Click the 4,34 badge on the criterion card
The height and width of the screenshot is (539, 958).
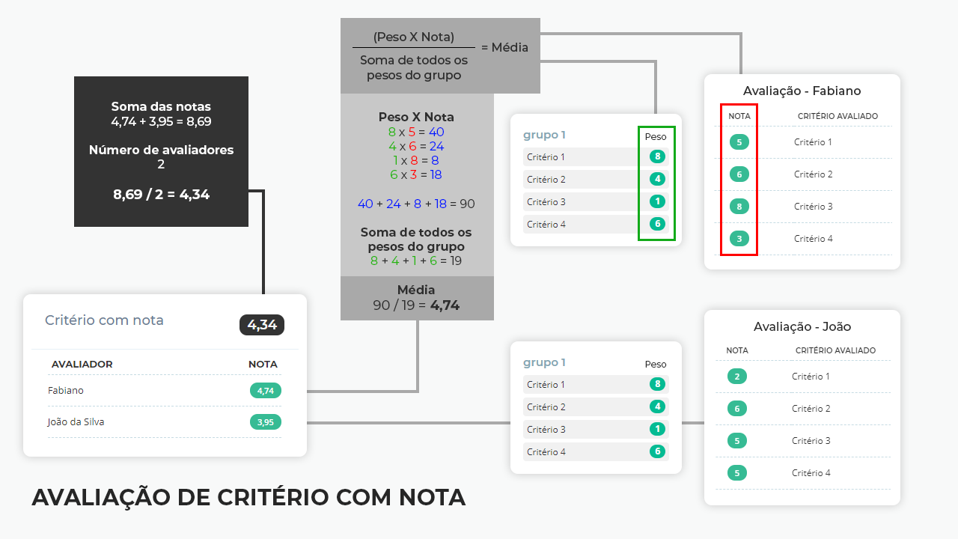click(x=262, y=325)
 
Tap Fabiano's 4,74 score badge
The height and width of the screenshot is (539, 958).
click(x=266, y=390)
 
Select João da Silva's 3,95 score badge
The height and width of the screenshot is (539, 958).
click(x=266, y=421)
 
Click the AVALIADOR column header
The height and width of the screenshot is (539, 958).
click(x=82, y=365)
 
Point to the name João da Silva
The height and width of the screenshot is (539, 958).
click(x=76, y=421)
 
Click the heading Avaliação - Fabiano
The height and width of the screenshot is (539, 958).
click(x=802, y=91)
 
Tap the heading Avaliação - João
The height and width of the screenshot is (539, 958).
click(x=802, y=326)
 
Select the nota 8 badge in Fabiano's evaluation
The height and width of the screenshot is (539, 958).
click(x=739, y=207)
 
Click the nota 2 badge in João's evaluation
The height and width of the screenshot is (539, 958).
click(x=737, y=377)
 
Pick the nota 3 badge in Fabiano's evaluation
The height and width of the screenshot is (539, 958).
click(x=739, y=239)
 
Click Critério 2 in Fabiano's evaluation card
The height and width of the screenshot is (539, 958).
click(x=813, y=174)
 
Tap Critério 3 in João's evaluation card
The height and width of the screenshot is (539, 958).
click(x=811, y=441)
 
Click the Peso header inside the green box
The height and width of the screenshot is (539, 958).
click(x=656, y=137)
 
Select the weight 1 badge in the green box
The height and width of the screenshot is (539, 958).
click(x=657, y=201)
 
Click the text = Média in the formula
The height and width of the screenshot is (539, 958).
click(x=504, y=47)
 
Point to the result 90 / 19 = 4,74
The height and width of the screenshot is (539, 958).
click(x=416, y=305)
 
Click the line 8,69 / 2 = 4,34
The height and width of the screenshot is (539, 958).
click(x=161, y=195)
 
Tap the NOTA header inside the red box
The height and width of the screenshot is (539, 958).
click(x=739, y=116)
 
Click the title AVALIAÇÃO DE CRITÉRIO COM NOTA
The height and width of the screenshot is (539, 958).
click(x=248, y=497)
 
